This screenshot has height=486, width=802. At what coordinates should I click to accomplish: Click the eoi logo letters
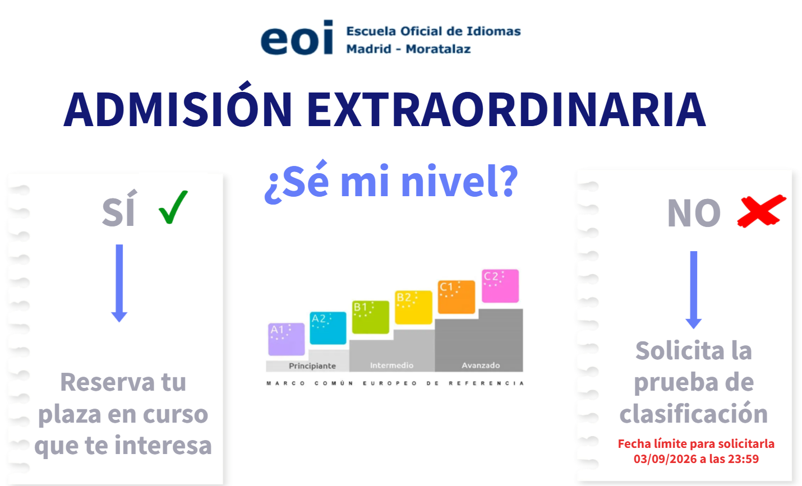point(297,37)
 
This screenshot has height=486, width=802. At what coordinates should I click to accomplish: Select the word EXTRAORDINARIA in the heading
point(506,109)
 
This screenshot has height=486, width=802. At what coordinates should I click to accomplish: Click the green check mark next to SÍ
point(173,207)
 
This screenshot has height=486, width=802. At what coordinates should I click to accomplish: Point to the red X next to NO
point(762,211)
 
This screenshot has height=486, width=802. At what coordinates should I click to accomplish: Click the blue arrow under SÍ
point(119,283)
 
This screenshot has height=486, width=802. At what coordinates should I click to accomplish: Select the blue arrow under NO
point(694,290)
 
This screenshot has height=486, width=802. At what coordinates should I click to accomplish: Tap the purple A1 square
point(287,339)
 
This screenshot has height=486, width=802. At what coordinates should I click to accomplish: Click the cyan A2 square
point(328,328)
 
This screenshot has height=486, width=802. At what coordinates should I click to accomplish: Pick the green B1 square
point(371,317)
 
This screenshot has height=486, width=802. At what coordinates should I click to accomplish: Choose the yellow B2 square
point(413,307)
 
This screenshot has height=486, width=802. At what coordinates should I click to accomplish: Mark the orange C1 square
point(457,297)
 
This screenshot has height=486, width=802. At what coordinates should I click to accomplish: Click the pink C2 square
point(500,286)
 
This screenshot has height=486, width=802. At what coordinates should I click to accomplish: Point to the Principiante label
point(312,365)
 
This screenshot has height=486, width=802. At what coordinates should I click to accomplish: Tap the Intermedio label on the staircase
point(391,365)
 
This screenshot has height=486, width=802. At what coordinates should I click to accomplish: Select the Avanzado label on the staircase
point(481,365)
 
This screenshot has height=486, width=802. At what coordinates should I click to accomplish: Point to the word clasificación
point(694,413)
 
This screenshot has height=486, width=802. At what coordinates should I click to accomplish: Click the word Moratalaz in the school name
point(438,49)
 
